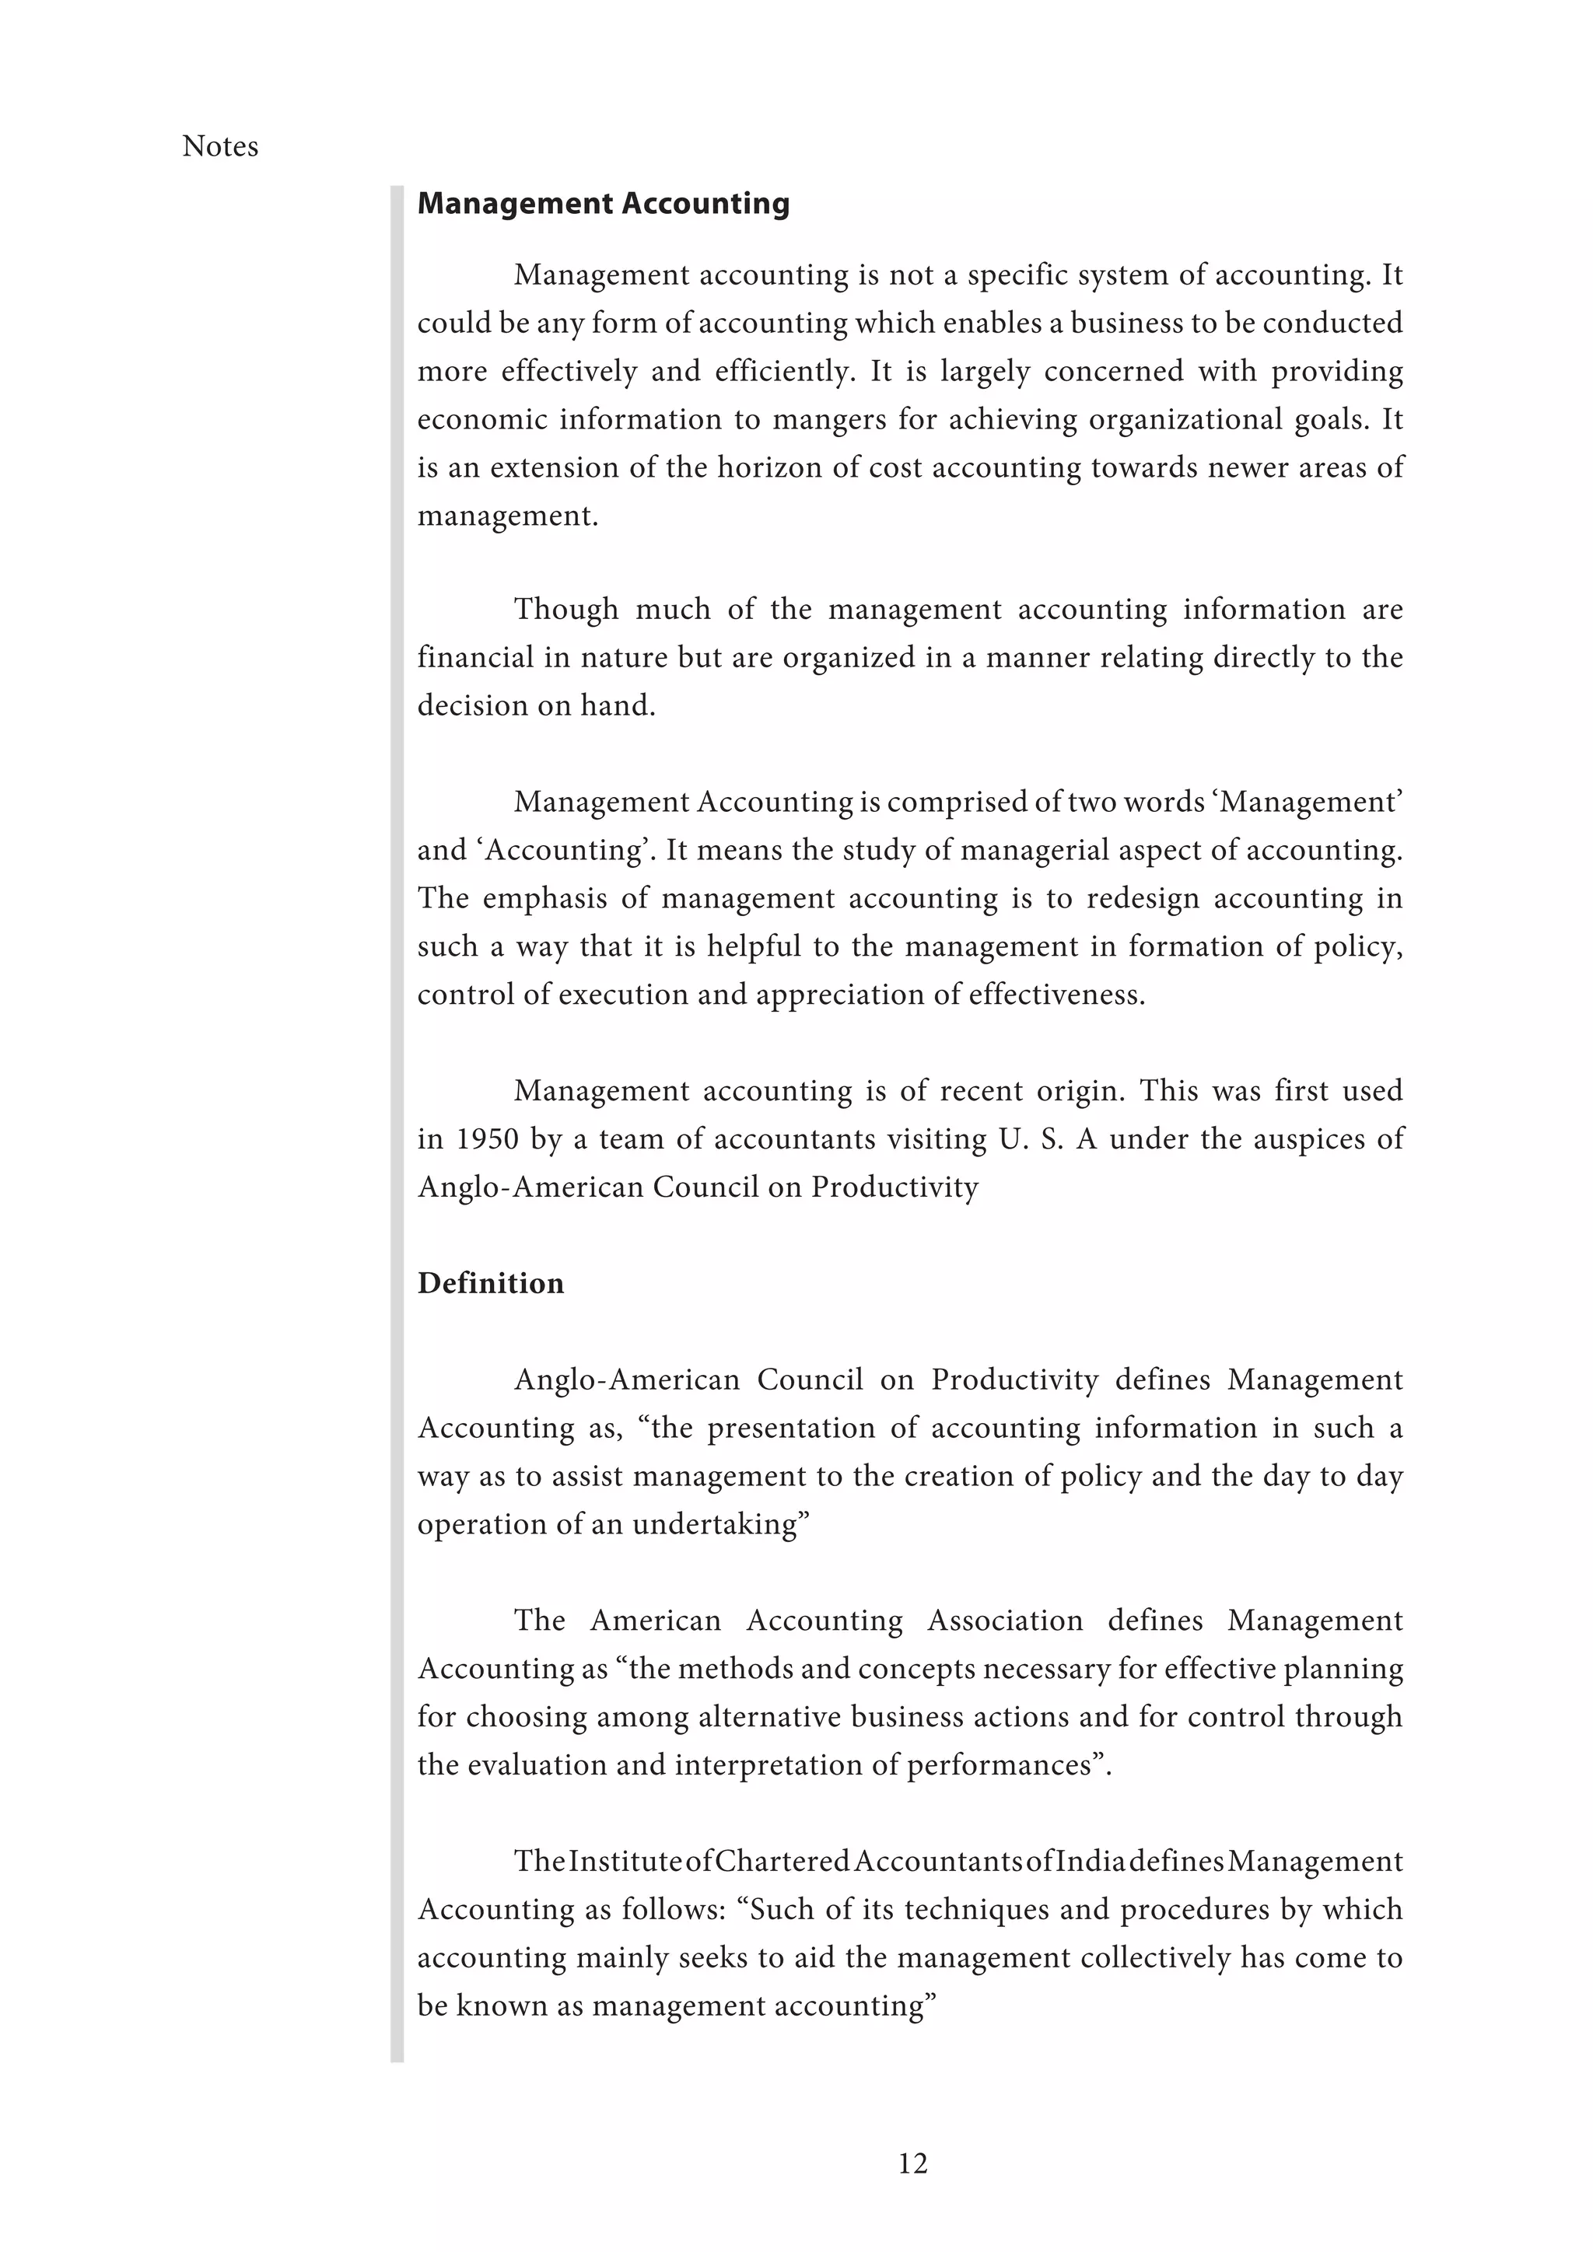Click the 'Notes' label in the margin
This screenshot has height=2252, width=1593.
pos(219,146)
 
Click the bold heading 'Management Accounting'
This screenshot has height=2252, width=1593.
pos(604,203)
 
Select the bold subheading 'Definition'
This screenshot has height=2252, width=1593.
pos(491,1283)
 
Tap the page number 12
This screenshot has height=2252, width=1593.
pos(912,2163)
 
